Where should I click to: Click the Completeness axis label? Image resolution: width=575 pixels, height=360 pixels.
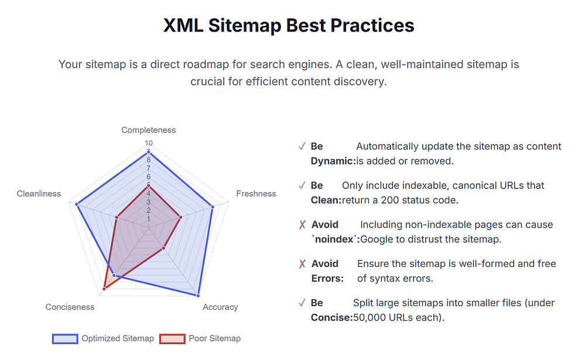pyautogui.click(x=149, y=130)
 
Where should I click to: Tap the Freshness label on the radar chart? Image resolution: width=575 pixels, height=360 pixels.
pyautogui.click(x=256, y=194)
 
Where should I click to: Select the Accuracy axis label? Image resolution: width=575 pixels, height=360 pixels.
pyautogui.click(x=220, y=307)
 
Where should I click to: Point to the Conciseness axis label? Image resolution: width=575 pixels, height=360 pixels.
pyautogui.click(x=70, y=307)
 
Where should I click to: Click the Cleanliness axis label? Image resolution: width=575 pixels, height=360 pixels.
pyautogui.click(x=39, y=194)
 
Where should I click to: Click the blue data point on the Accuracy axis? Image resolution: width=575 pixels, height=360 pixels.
pyautogui.click(x=198, y=295)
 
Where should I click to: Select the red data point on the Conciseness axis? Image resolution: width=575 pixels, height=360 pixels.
pyautogui.click(x=104, y=289)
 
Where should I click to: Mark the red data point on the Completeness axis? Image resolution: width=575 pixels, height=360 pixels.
pyautogui.click(x=149, y=186)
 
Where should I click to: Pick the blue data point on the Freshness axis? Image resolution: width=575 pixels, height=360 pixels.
pyautogui.click(x=213, y=207)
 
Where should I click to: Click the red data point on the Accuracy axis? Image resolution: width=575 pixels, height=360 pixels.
pyautogui.click(x=163, y=248)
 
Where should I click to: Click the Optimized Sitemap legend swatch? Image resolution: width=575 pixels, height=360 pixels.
pyautogui.click(x=65, y=339)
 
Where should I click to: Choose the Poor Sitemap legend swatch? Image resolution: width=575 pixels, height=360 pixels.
pyautogui.click(x=172, y=339)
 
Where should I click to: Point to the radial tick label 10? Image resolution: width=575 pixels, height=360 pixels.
pyautogui.click(x=149, y=143)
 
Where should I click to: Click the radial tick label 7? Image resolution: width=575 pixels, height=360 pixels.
pyautogui.click(x=149, y=169)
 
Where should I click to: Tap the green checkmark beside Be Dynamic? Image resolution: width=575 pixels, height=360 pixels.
pyautogui.click(x=302, y=147)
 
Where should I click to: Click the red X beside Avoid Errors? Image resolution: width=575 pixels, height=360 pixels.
pyautogui.click(x=302, y=264)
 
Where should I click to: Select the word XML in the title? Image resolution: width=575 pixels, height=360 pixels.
pyautogui.click(x=183, y=26)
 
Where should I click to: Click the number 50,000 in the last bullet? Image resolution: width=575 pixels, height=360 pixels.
pyautogui.click(x=370, y=317)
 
